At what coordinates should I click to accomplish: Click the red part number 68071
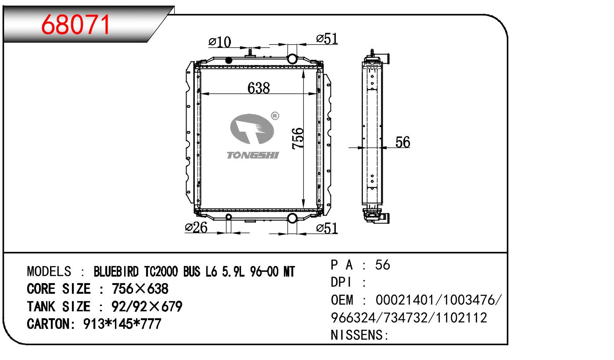coord(75,25)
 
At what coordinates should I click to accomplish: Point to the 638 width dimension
coord(259,88)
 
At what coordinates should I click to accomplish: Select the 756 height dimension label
coord(298,138)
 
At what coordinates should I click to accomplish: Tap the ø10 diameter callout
coord(220,42)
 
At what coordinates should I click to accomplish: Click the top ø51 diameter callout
coord(327,39)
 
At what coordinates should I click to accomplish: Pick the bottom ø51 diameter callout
coord(327,228)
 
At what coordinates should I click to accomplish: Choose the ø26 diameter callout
coord(196,227)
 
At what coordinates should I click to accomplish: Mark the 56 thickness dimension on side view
coord(402,142)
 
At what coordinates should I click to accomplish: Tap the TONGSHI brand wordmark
coord(253,155)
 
